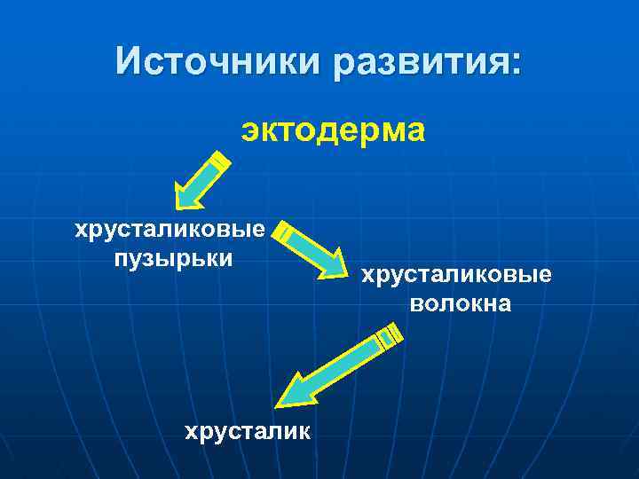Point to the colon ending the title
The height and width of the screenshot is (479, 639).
tap(517, 64)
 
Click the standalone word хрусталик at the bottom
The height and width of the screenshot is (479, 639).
tap(247, 432)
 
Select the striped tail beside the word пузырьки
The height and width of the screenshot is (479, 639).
tap(283, 232)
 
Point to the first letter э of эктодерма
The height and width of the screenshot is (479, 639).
tap(249, 131)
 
